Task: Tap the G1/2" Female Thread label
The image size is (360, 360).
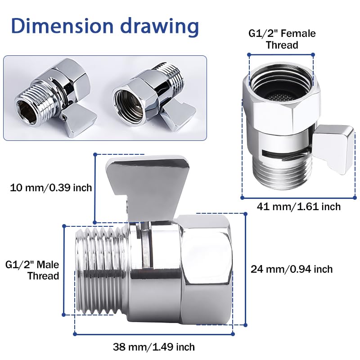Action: [282, 39]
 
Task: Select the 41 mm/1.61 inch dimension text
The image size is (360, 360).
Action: [299, 207]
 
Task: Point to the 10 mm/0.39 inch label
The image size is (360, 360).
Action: [51, 187]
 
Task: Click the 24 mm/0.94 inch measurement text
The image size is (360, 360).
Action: [292, 269]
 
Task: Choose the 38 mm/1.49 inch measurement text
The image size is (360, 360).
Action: [153, 347]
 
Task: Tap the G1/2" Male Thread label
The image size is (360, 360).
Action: [32, 270]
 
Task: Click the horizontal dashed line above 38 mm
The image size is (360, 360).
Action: [153, 334]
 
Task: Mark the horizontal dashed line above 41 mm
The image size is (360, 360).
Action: [299, 197]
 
